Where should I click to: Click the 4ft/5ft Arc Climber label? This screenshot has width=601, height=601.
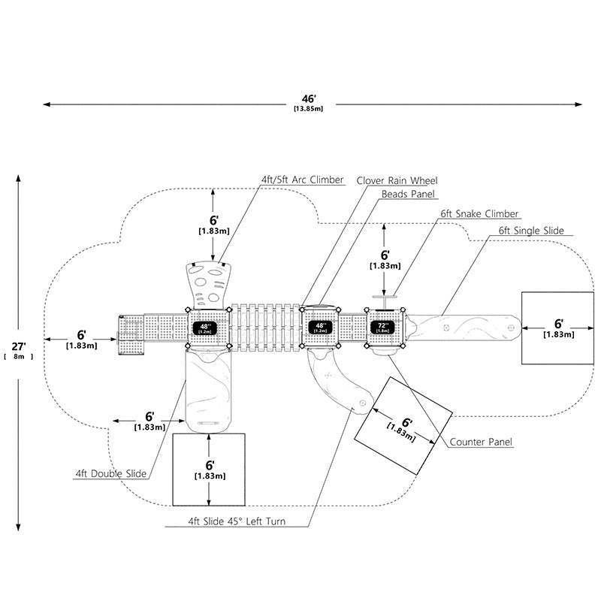(x=303, y=180)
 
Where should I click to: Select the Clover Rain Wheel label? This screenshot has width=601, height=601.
(x=397, y=180)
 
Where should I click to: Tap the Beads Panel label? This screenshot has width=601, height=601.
(x=408, y=194)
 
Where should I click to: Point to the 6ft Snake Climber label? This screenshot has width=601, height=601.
(x=479, y=213)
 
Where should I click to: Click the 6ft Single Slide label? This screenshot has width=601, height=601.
(x=531, y=231)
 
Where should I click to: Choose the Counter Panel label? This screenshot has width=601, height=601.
(x=481, y=442)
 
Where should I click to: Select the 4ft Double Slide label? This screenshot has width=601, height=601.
(x=110, y=474)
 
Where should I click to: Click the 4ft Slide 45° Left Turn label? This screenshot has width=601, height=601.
(x=237, y=521)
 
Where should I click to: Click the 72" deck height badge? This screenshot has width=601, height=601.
(x=382, y=328)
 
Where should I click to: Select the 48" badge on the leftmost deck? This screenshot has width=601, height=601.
(x=205, y=328)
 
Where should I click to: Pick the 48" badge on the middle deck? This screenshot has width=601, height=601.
(x=320, y=328)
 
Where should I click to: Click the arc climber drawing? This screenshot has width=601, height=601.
(x=209, y=285)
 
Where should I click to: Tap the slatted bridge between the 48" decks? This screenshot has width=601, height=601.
(x=265, y=327)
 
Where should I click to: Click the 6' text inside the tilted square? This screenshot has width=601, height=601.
(x=406, y=423)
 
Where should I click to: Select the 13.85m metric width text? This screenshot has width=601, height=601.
(x=309, y=108)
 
